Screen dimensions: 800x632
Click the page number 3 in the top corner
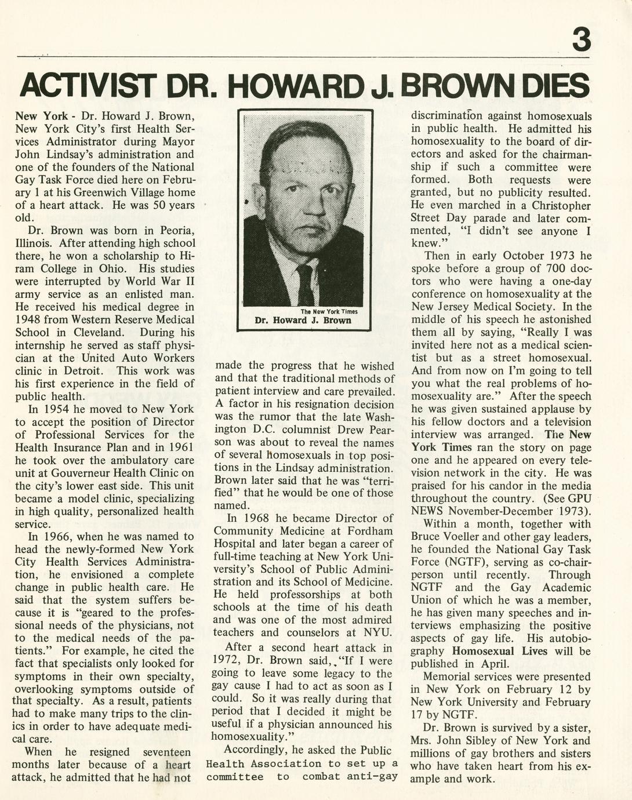(581, 40)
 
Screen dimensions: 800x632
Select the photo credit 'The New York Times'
(329, 311)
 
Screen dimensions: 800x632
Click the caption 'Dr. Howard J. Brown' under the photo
(303, 321)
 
